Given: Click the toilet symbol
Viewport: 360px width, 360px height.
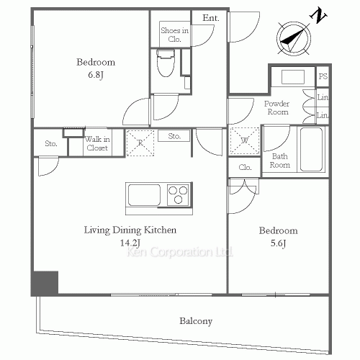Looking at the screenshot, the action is (166, 63).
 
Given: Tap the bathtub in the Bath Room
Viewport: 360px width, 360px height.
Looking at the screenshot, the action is (311, 149).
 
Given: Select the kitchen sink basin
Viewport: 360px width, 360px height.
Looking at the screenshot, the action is (144, 195).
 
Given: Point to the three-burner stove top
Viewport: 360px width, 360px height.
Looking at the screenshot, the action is (178, 194).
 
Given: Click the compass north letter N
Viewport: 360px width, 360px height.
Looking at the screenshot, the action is (318, 16).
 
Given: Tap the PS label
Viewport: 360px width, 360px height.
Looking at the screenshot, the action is (323, 76).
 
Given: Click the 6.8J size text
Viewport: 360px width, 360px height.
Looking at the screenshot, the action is (96, 75).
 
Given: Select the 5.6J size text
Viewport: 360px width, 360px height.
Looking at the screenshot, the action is (278, 243).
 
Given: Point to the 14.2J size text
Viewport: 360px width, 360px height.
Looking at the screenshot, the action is (130, 243).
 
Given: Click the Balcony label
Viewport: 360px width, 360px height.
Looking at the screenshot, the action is (196, 321).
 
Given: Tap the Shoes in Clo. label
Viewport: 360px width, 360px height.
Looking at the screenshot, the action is (174, 35).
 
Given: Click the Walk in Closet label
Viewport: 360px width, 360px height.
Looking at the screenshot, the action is (97, 143).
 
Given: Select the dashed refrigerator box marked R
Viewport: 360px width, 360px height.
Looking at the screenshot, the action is (140, 143).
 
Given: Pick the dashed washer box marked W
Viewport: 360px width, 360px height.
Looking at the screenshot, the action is (245, 140).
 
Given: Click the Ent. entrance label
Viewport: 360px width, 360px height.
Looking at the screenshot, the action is (211, 18).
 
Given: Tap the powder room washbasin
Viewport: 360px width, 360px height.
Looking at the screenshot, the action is (293, 77).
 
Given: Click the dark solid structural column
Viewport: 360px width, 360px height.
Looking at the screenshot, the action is (45, 283).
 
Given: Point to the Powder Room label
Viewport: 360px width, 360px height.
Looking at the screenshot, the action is (277, 108).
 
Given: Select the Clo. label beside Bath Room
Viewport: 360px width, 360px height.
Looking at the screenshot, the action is (245, 167).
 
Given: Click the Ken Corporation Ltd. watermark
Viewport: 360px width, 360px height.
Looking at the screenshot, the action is (179, 252).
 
